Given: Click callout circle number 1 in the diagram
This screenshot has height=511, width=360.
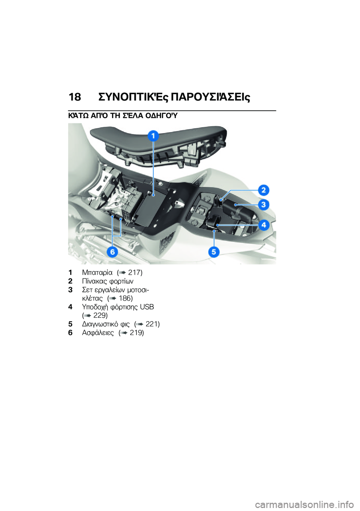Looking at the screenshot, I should tap(153, 136).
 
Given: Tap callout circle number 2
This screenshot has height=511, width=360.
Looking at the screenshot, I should tap(264, 190).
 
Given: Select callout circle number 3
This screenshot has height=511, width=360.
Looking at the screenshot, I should tap(264, 204).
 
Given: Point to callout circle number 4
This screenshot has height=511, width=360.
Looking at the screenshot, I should tap(264, 225).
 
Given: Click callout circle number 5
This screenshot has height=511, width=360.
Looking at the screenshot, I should tap(214, 252).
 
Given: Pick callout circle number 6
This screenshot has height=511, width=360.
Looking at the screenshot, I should tap(112, 252).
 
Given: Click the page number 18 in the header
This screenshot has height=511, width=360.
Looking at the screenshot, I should tap(75, 97).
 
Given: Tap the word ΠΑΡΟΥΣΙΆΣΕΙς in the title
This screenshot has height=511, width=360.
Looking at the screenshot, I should tap(210, 97).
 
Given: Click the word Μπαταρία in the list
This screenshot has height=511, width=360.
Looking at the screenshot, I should tap(97, 272).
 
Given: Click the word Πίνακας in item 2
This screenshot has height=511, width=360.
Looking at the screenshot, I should tap(94, 281).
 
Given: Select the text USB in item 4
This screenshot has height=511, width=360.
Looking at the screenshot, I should tap(147, 307).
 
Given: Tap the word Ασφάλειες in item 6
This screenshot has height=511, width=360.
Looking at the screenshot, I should tap(98, 332).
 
